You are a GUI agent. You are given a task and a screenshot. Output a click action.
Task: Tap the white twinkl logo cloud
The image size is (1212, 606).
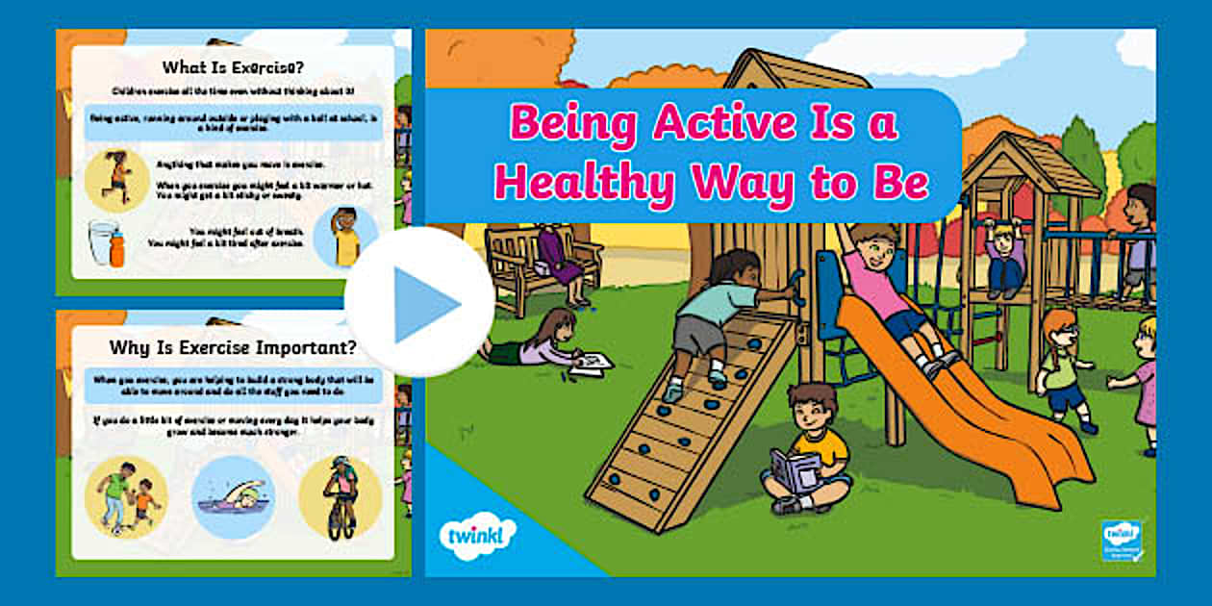coord(477,534)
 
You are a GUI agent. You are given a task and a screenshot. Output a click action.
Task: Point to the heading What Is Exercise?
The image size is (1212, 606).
coord(233,67)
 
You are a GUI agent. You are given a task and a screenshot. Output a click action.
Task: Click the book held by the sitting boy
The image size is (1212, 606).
coord(796,468)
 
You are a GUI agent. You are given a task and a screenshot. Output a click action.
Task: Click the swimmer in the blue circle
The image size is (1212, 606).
coord(233,496)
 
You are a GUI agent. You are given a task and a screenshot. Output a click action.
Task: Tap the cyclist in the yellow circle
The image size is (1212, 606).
coord(341,496)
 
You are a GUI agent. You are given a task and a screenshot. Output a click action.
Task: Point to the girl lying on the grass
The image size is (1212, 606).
coord(539,341)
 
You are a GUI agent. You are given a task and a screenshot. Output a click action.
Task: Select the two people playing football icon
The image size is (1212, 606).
coord(126,496)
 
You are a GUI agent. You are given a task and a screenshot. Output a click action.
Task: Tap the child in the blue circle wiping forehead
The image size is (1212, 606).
coord(345,237)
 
